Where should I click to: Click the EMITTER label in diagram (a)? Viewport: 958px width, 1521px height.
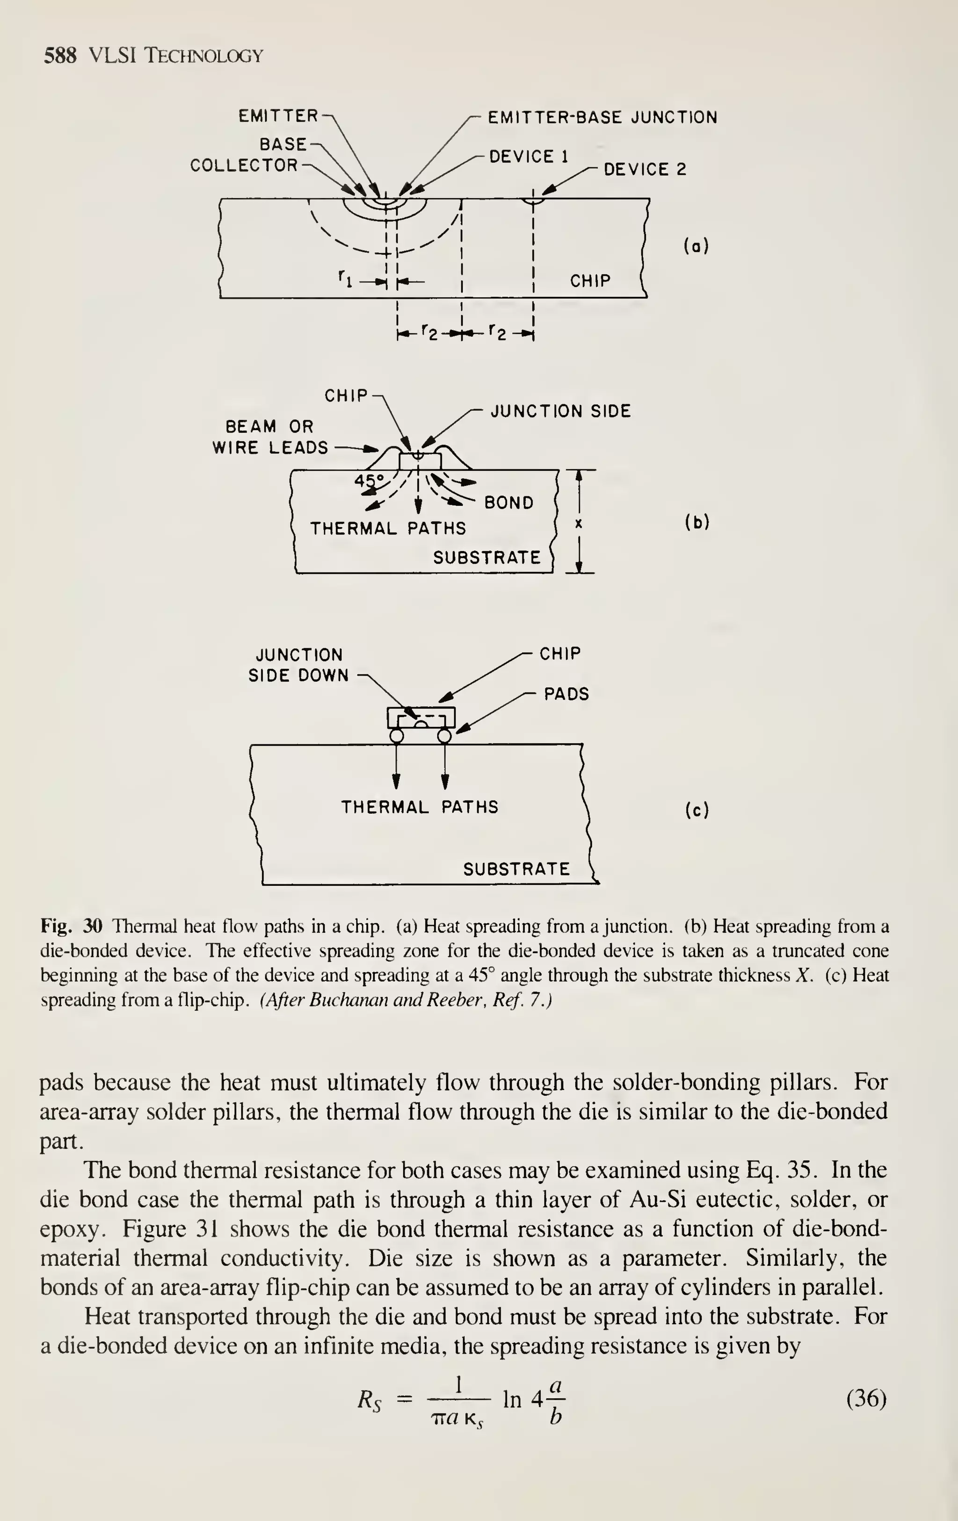(x=278, y=116)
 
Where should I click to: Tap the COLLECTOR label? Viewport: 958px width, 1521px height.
(x=243, y=165)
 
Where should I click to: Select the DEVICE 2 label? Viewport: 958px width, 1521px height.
(x=645, y=169)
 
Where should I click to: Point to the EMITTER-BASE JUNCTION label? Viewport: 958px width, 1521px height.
(x=602, y=117)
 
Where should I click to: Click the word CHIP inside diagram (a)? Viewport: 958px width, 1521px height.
(x=590, y=280)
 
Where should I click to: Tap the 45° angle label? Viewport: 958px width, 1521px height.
(x=369, y=480)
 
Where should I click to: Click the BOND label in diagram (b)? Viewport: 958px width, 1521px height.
(x=508, y=503)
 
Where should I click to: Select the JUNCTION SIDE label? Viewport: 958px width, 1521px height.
(x=560, y=412)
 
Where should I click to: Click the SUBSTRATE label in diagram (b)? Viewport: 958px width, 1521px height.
(x=486, y=558)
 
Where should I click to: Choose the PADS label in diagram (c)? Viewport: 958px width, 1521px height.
(x=566, y=694)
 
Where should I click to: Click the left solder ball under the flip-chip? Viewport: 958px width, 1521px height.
(x=396, y=736)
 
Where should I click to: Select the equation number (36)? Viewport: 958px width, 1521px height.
(x=866, y=1399)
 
